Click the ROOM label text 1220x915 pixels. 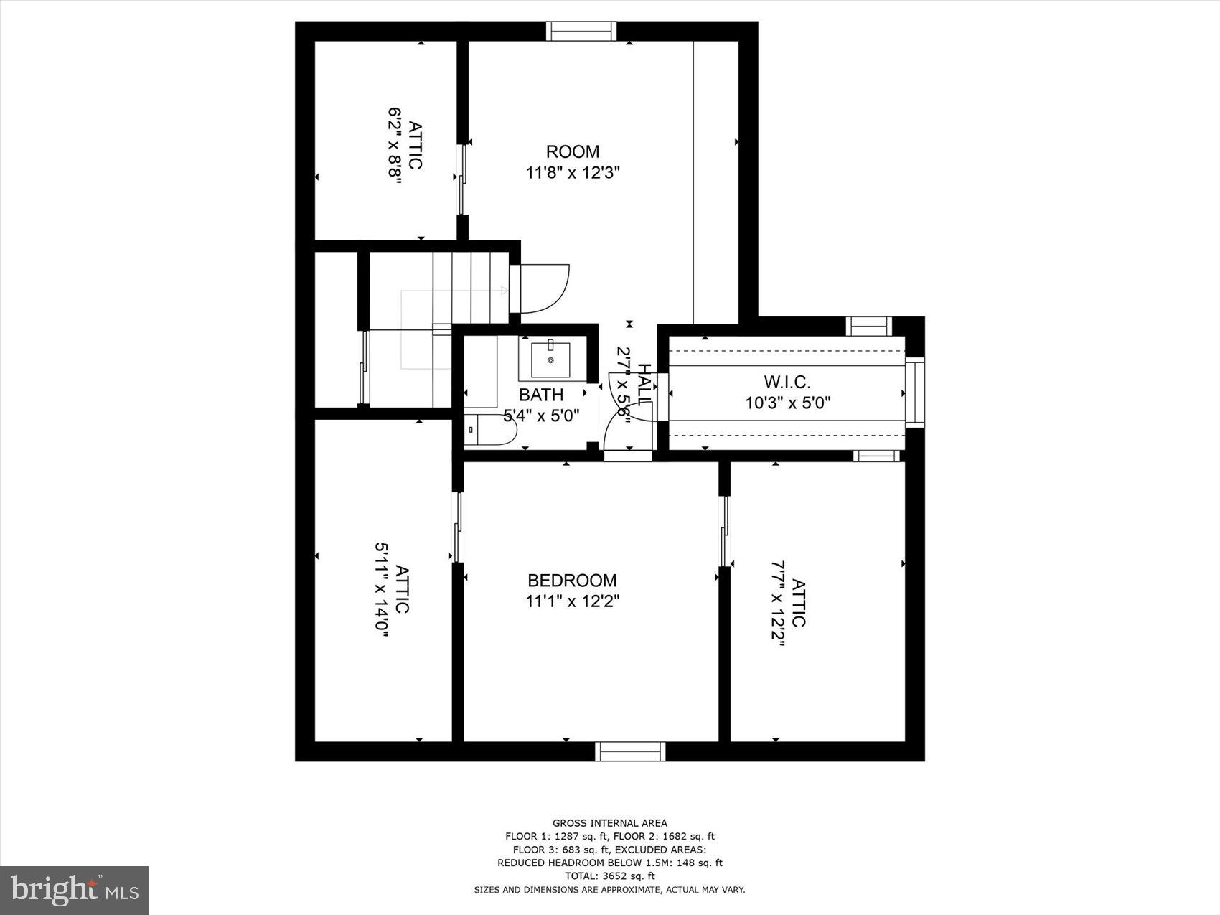[572, 151]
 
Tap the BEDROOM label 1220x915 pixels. [572, 580]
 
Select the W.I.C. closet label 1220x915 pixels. [787, 383]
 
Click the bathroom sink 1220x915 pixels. [550, 359]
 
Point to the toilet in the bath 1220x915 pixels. [491, 430]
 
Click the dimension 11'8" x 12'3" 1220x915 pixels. [572, 173]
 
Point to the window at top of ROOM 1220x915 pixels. [581, 32]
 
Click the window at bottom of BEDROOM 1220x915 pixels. [630, 751]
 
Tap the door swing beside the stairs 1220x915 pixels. [543, 288]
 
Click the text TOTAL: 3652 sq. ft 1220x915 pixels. [609, 876]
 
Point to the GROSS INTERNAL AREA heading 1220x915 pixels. [609, 823]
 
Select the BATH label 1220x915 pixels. [541, 395]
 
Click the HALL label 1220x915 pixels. [644, 385]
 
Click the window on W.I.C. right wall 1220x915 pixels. [914, 393]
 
